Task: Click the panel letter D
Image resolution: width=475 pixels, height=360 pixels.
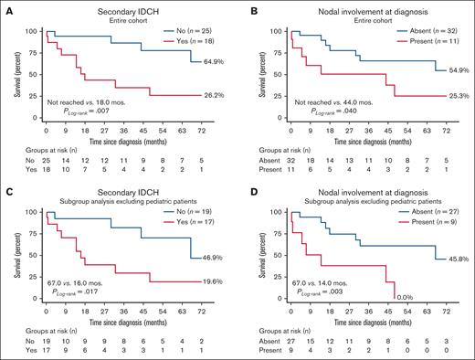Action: [248, 188]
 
